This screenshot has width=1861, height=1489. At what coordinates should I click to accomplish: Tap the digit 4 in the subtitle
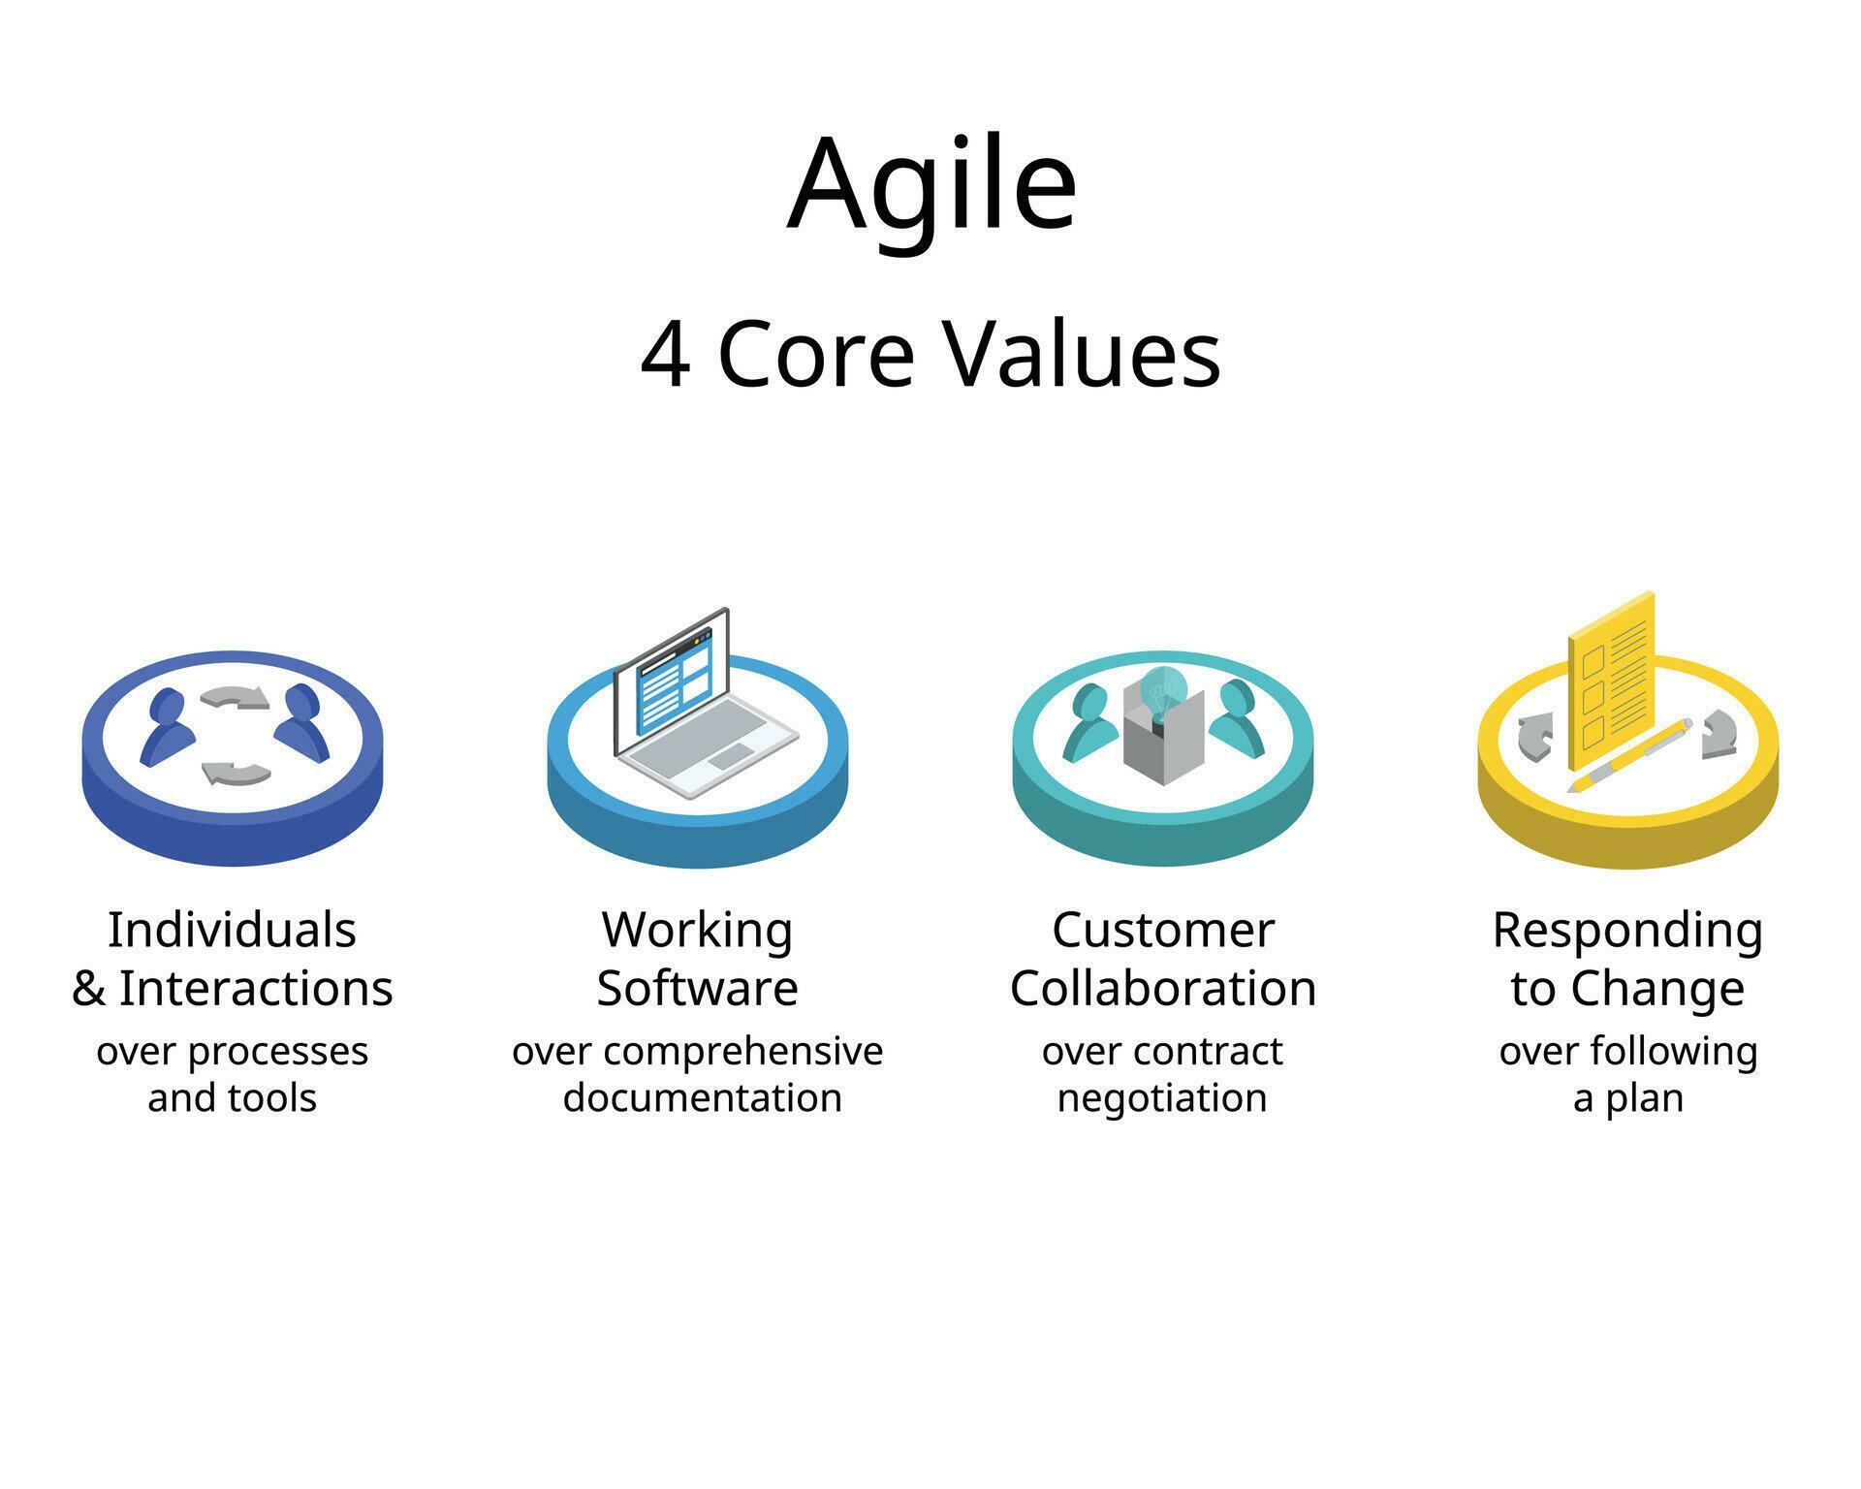pyautogui.click(x=666, y=356)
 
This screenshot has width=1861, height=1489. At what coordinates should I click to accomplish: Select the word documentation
pyautogui.click(x=702, y=1098)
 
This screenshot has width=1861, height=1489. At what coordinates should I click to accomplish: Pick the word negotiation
pyautogui.click(x=1162, y=1098)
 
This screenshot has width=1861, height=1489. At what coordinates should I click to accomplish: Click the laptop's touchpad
pyautogui.click(x=730, y=757)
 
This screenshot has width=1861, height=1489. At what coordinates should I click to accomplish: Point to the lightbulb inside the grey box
pyautogui.click(x=1161, y=690)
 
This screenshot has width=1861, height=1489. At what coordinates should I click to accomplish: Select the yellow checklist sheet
pyautogui.click(x=1611, y=683)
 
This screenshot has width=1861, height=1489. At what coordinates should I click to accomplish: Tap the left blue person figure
pyautogui.click(x=166, y=727)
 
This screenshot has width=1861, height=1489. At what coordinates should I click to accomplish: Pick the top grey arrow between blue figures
pyautogui.click(x=236, y=697)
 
